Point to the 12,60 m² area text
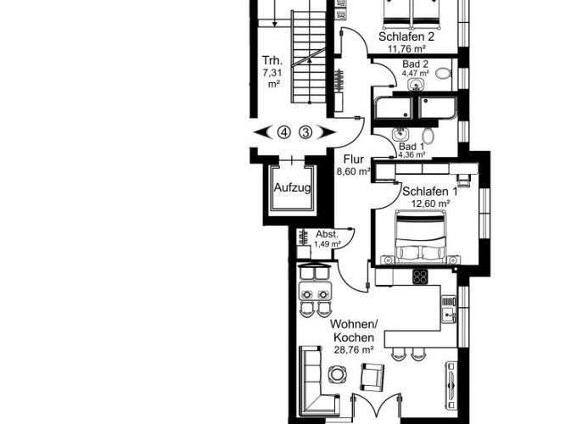pyautogui.click(x=430, y=204)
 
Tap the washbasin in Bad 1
pyautogui.click(x=401, y=133)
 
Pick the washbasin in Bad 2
pyautogui.click(x=415, y=84)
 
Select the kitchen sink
pyautogui.click(x=450, y=316)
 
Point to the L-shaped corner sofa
pyautogui.click(x=314, y=382)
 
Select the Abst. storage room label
pyautogui.click(x=328, y=234)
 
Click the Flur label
pyautogui.click(x=354, y=159)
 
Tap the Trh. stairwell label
pyautogui.click(x=273, y=60)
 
